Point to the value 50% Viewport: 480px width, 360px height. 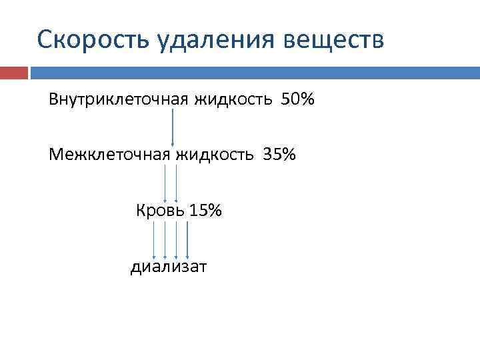(x=298, y=100)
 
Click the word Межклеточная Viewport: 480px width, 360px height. (x=110, y=155)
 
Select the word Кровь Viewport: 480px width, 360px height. (x=160, y=211)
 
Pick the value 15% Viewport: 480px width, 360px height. (x=205, y=211)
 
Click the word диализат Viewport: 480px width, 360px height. (x=169, y=267)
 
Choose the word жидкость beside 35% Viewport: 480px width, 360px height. (x=215, y=155)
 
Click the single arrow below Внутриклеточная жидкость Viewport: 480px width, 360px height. (x=173, y=127)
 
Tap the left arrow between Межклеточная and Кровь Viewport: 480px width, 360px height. (x=166, y=183)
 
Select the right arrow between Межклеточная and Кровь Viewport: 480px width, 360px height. (x=177, y=183)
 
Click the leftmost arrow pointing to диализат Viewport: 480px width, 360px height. (x=155, y=240)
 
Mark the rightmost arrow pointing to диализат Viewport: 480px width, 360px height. (x=187, y=240)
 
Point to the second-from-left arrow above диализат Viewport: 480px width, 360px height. (x=165, y=240)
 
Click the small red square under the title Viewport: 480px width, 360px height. (x=14, y=73)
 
